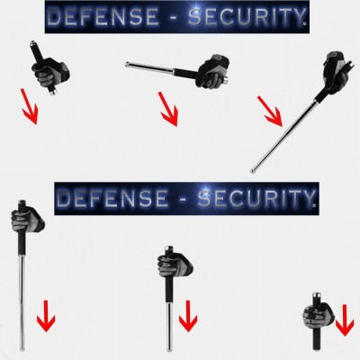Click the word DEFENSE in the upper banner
(x=103, y=16)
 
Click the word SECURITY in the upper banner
(x=246, y=16)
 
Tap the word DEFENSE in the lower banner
(x=112, y=198)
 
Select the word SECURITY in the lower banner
(x=255, y=198)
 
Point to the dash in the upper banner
(x=174, y=17)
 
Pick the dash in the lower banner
(x=183, y=199)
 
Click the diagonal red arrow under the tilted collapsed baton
(x=29, y=106)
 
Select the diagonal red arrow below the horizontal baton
(x=168, y=109)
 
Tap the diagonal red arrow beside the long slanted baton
(x=270, y=112)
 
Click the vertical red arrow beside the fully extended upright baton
(x=46, y=316)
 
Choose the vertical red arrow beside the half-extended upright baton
(x=188, y=316)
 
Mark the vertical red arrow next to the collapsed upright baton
(x=345, y=319)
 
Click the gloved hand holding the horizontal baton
(x=212, y=71)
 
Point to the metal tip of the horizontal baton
(x=127, y=64)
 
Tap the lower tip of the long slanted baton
(x=252, y=171)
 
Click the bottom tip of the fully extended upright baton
(x=22, y=348)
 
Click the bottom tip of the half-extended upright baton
(x=169, y=349)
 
